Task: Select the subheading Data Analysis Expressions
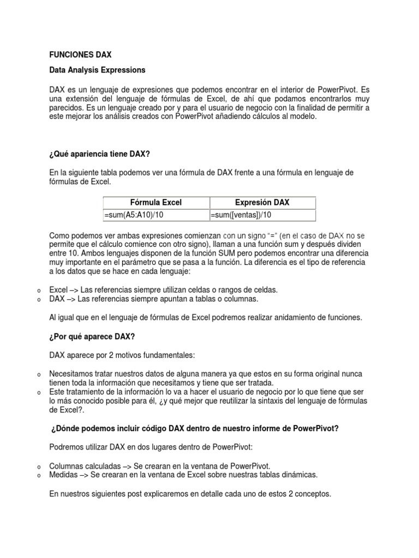point(97,70)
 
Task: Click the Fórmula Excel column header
point(156,202)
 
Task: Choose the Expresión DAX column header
point(262,202)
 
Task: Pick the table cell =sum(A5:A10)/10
point(134,215)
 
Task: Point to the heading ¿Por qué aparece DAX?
point(92,336)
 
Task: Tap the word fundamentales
point(166,355)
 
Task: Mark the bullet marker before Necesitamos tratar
point(39,375)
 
